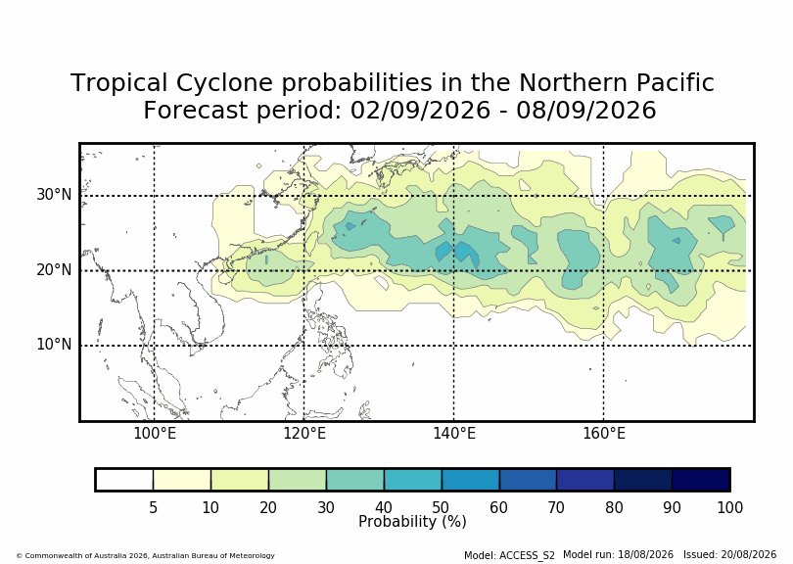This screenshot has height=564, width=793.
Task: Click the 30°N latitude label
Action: pyautogui.click(x=54, y=194)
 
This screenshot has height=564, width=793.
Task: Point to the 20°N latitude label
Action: pyautogui.click(x=54, y=269)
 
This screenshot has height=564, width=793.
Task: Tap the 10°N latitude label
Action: pyautogui.click(x=54, y=345)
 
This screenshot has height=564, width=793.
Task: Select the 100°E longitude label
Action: pyautogui.click(x=155, y=434)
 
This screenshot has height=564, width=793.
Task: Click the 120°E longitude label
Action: pyautogui.click(x=304, y=434)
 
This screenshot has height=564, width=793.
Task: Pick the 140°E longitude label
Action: pyautogui.click(x=454, y=434)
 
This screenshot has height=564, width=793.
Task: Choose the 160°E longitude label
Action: pyautogui.click(x=604, y=434)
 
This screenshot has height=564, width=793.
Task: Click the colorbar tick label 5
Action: pyautogui.click(x=154, y=507)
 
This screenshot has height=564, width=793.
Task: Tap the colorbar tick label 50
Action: pyautogui.click(x=441, y=507)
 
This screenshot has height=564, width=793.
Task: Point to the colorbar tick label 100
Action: pyautogui.click(x=729, y=507)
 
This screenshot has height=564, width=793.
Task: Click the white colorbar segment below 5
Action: pyautogui.click(x=124, y=480)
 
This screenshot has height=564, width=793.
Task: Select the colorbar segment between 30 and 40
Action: pyautogui.click(x=355, y=480)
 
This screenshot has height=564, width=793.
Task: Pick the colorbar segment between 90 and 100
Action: pyautogui.click(x=700, y=480)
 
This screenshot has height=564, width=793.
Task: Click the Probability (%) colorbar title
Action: pyautogui.click(x=412, y=522)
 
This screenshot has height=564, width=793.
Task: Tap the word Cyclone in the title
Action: pyautogui.click(x=224, y=83)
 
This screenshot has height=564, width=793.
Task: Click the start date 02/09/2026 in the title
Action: pyautogui.click(x=420, y=111)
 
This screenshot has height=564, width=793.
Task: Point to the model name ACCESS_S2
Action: pyautogui.click(x=527, y=555)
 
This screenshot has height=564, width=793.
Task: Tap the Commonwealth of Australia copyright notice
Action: pyautogui.click(x=146, y=555)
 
